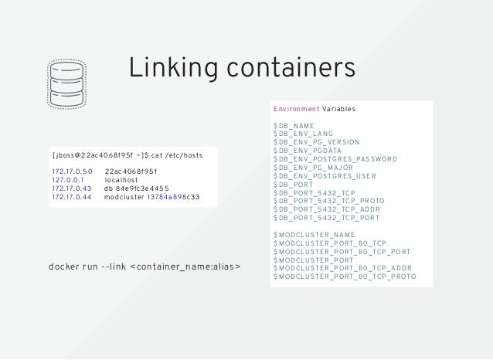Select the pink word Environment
click(296, 110)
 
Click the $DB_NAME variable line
click(293, 125)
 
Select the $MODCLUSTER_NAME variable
click(314, 234)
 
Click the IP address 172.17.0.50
click(72, 171)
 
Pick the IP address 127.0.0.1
click(68, 179)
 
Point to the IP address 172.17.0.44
click(72, 196)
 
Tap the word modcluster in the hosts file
click(123, 196)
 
